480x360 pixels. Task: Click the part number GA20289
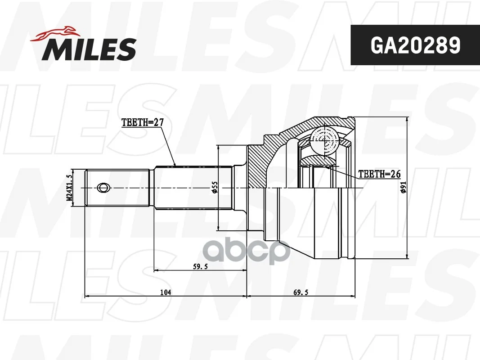(415, 45)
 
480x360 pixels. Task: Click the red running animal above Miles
(55, 34)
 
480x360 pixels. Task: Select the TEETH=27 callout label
(142, 122)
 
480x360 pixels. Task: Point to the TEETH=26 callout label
(379, 174)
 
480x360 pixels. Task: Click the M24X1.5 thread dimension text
(69, 187)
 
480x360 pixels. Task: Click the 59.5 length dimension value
(200, 267)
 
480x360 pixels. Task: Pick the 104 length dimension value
(166, 292)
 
